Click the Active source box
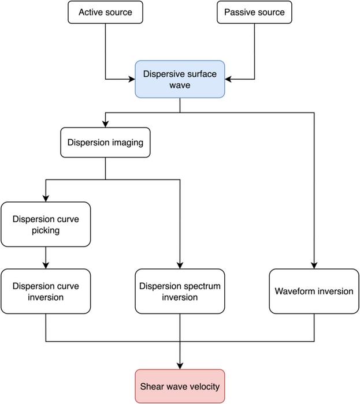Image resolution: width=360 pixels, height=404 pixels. coord(105,12)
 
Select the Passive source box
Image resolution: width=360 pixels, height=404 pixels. coord(254,12)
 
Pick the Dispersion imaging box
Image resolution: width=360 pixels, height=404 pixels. coord(105,143)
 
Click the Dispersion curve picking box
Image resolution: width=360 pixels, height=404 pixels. coord(46,225)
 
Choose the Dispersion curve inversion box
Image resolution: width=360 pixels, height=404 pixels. coord(46,291)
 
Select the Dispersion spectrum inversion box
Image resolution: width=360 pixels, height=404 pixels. coord(180,291)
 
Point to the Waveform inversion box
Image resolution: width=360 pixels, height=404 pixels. coord(314,291)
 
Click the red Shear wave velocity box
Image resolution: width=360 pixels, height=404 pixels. coord(180,386)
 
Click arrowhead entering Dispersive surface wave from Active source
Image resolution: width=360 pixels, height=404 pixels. coord(131,78)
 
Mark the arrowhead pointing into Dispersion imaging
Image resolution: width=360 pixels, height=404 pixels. coord(105,124)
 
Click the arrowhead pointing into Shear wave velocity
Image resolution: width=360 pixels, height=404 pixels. coord(180,365)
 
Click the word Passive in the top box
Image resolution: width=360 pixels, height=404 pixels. coord(239,12)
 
